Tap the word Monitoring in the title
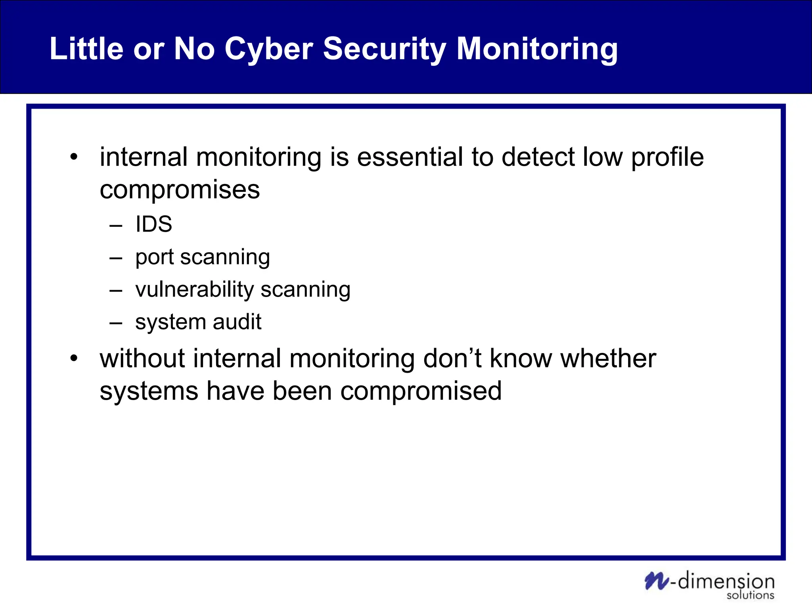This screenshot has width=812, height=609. [537, 49]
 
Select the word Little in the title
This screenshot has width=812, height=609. [86, 49]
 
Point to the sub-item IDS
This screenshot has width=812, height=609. [153, 224]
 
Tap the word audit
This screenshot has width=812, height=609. [237, 322]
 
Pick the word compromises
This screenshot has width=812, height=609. [180, 190]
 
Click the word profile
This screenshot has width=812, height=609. [667, 158]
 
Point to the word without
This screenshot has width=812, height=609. [142, 358]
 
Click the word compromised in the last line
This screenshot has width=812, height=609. [421, 392]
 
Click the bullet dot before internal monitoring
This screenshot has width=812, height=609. [74, 157]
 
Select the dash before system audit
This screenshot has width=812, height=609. [116, 323]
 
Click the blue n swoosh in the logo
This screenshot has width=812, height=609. [657, 581]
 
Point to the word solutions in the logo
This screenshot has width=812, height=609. [750, 596]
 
